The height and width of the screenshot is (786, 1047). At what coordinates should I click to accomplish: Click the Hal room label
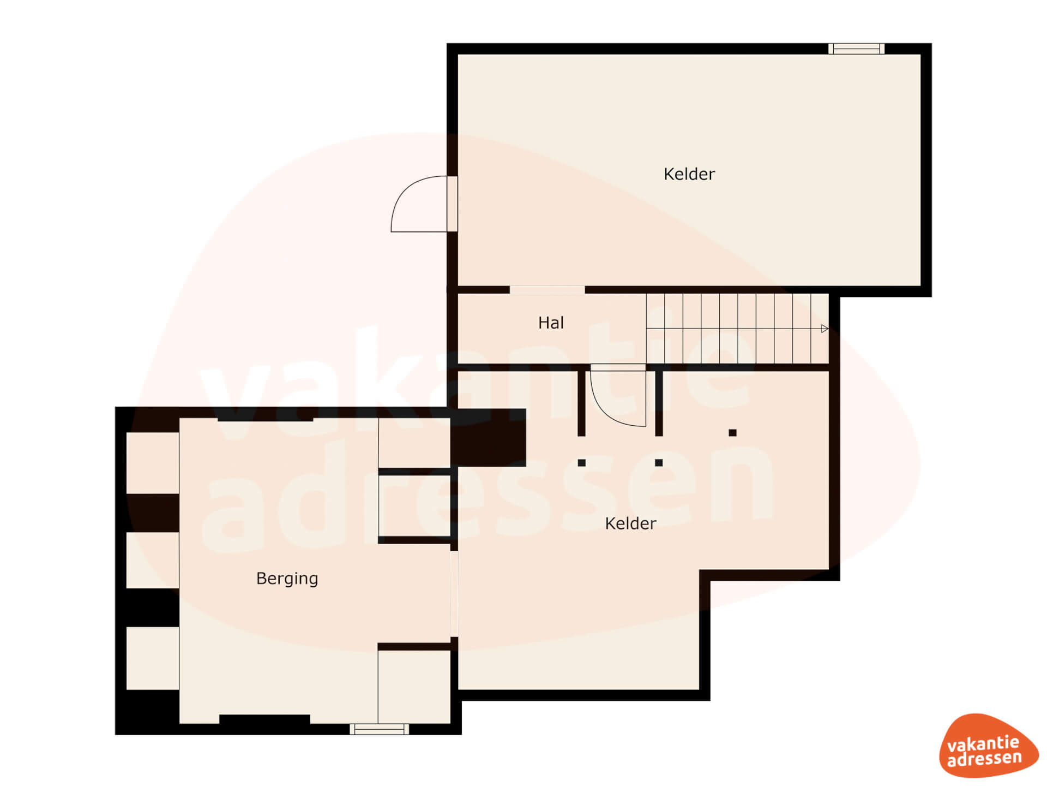point(551,323)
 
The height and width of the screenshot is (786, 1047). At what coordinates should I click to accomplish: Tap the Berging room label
point(287,579)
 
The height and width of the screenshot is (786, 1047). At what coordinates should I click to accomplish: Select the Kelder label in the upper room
point(689,174)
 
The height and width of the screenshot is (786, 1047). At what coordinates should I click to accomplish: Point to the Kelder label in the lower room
point(630,523)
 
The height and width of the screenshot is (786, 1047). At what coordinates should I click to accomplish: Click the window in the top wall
point(856,49)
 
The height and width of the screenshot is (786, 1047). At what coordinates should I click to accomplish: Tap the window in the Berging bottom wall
point(379,729)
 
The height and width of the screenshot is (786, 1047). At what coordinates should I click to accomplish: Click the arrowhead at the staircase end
point(825,329)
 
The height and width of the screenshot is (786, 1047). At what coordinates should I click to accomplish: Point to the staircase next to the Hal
point(738,329)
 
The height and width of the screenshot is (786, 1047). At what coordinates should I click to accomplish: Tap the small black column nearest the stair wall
point(732,433)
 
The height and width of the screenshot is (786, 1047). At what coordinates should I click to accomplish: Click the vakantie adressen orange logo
point(988,746)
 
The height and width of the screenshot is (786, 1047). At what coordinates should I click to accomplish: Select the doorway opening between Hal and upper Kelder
point(547,290)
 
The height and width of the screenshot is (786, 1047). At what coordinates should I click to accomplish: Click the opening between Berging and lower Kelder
point(454,594)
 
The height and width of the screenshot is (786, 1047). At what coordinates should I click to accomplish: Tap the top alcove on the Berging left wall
point(153,463)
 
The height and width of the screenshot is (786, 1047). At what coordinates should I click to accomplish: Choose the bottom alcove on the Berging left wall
point(153,658)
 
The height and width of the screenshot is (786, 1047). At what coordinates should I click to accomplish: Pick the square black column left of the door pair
point(582,463)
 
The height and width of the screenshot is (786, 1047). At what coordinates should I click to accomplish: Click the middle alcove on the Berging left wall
point(153,561)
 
